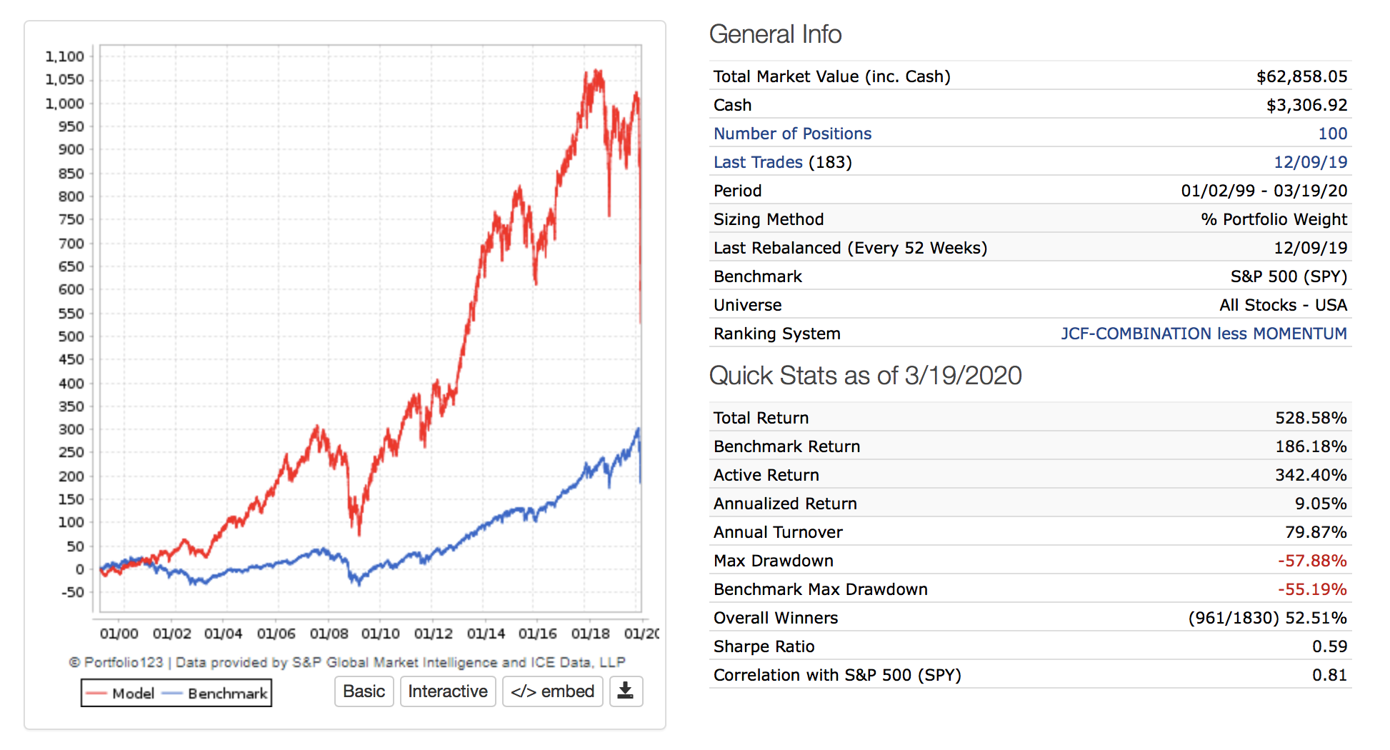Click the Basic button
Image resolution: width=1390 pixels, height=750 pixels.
364,691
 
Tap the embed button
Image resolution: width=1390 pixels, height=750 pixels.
553,691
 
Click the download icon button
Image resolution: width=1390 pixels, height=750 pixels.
626,691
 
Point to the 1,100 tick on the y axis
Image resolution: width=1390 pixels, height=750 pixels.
65,56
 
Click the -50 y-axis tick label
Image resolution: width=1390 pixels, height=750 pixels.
72,592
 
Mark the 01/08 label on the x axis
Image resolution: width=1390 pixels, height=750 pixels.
329,634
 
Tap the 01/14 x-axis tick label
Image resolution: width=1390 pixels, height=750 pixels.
486,634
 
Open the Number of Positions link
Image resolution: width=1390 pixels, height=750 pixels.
792,134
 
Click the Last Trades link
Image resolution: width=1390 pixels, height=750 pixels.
758,162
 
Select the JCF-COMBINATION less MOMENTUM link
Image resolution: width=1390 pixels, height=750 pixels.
1204,334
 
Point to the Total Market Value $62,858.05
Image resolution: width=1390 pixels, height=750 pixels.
1301,76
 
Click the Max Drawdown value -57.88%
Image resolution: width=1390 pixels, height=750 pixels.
1312,561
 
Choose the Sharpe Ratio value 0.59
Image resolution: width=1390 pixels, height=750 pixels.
1329,646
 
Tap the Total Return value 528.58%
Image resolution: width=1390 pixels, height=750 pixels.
1311,418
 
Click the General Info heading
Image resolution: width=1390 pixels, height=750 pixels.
775,34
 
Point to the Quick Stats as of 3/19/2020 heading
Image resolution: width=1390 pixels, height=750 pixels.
865,376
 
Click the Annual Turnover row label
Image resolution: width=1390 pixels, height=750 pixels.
778,532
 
